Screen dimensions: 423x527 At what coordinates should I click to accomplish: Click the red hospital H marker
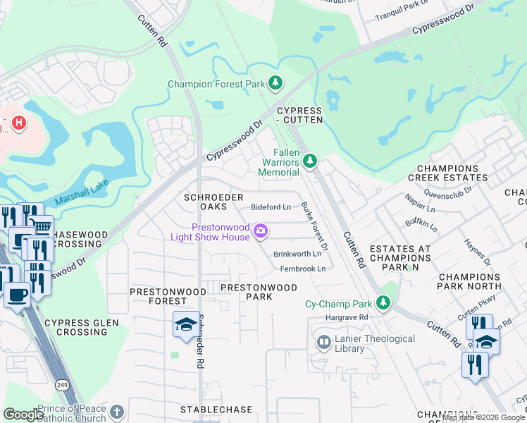19,123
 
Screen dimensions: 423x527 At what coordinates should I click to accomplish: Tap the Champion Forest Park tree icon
275,84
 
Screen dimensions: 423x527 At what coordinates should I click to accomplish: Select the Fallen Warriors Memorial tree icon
309,162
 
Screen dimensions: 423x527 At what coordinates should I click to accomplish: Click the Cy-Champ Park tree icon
383,303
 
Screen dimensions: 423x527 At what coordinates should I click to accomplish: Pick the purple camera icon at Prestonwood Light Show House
261,231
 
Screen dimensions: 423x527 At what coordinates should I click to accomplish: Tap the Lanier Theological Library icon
323,343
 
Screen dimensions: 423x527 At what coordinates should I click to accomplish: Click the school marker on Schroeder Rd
185,324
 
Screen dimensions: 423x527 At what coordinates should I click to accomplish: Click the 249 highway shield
61,384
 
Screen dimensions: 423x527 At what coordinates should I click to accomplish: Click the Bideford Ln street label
271,207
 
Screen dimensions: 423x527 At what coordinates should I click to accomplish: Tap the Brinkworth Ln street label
297,254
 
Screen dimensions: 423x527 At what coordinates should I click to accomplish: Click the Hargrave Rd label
347,318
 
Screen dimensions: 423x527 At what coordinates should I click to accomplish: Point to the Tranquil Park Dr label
402,16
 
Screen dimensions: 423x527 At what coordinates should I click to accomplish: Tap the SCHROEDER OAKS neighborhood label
213,202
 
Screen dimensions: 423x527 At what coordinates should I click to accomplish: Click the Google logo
23,415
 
